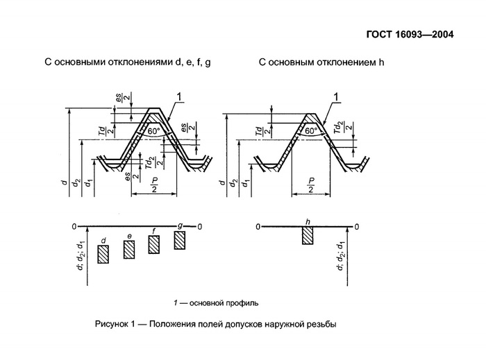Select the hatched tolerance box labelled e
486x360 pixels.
pyautogui.click(x=129, y=249)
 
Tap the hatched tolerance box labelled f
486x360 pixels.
pyautogui.click(x=154, y=244)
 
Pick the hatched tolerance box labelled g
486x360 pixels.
pyautogui.click(x=180, y=240)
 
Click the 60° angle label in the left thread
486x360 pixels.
pyautogui.click(x=153, y=130)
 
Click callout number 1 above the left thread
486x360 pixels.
pyautogui.click(x=179, y=96)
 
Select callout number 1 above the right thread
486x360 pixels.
pyautogui.click(x=338, y=96)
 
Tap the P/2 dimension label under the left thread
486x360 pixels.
pyautogui.click(x=155, y=185)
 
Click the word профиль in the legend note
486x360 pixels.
pyautogui.click(x=242, y=303)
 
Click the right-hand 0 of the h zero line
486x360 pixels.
pyautogui.click(x=357, y=227)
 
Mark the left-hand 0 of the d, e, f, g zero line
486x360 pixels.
pyautogui.click(x=74, y=227)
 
